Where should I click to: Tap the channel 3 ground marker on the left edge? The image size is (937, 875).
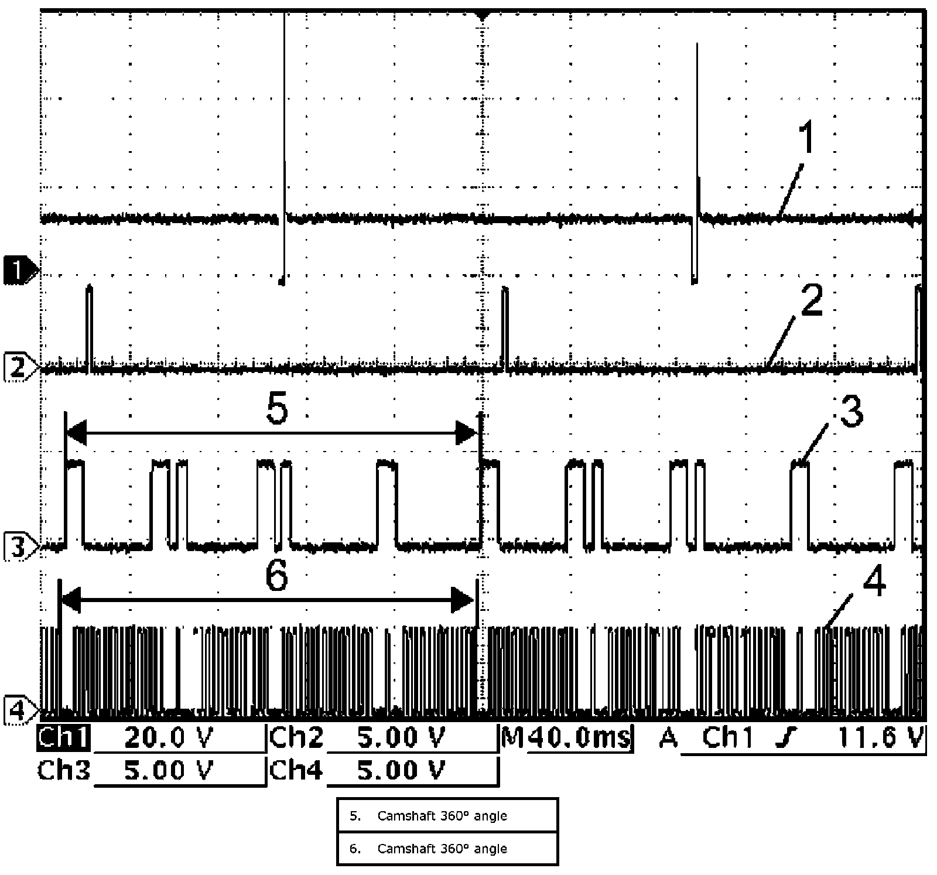(x=20, y=548)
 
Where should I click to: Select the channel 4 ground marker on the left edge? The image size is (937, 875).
(x=20, y=712)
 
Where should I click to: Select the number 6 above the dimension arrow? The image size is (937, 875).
(x=276, y=576)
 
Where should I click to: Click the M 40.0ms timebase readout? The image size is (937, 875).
(x=566, y=738)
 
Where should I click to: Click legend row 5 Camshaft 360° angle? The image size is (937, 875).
(x=447, y=816)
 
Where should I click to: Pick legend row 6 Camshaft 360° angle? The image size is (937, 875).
(x=447, y=849)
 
